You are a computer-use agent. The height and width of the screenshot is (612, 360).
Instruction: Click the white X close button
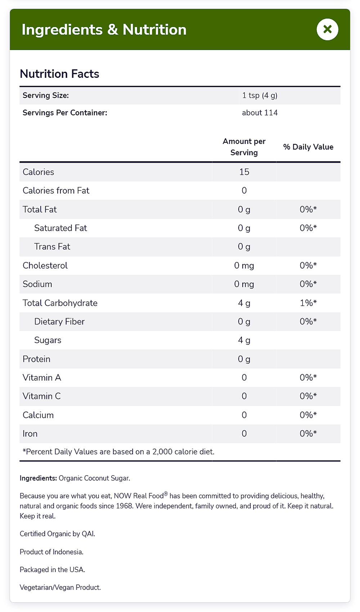[x=327, y=29]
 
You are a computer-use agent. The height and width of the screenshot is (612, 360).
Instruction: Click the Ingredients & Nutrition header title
[x=104, y=30]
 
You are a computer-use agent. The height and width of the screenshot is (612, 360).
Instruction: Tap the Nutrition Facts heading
[x=59, y=74]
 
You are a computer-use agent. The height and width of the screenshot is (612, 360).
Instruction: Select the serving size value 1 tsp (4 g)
[x=260, y=95]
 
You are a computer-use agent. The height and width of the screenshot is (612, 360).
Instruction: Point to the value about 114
[x=260, y=113]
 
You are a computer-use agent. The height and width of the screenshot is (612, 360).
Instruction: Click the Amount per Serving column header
[x=244, y=147]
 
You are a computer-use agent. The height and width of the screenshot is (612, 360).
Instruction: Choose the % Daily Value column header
[x=308, y=147]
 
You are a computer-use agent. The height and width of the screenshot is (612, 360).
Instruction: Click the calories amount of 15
[x=244, y=172]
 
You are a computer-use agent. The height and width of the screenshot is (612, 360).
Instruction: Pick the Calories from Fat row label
[x=56, y=190]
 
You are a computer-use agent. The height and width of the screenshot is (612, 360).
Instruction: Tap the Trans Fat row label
[x=52, y=247]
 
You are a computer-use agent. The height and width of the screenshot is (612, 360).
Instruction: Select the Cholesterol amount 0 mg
[x=244, y=266]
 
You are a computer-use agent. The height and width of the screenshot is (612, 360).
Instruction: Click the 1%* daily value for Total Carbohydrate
[x=308, y=303]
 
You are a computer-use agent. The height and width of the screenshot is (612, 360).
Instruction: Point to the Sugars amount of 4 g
[x=244, y=340]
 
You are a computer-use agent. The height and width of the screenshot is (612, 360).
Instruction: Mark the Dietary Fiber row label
[x=59, y=321]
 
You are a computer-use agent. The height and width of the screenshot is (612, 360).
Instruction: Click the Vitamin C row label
[x=41, y=396]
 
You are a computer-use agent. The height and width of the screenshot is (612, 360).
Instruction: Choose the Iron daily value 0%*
[x=308, y=434]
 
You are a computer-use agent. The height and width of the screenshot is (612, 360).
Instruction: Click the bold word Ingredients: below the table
[x=38, y=478]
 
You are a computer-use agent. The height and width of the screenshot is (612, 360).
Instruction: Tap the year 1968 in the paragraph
[x=124, y=506]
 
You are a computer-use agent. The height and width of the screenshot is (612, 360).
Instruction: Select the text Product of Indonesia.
[x=51, y=552]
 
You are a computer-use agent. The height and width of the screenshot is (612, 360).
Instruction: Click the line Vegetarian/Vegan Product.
[x=60, y=588]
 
